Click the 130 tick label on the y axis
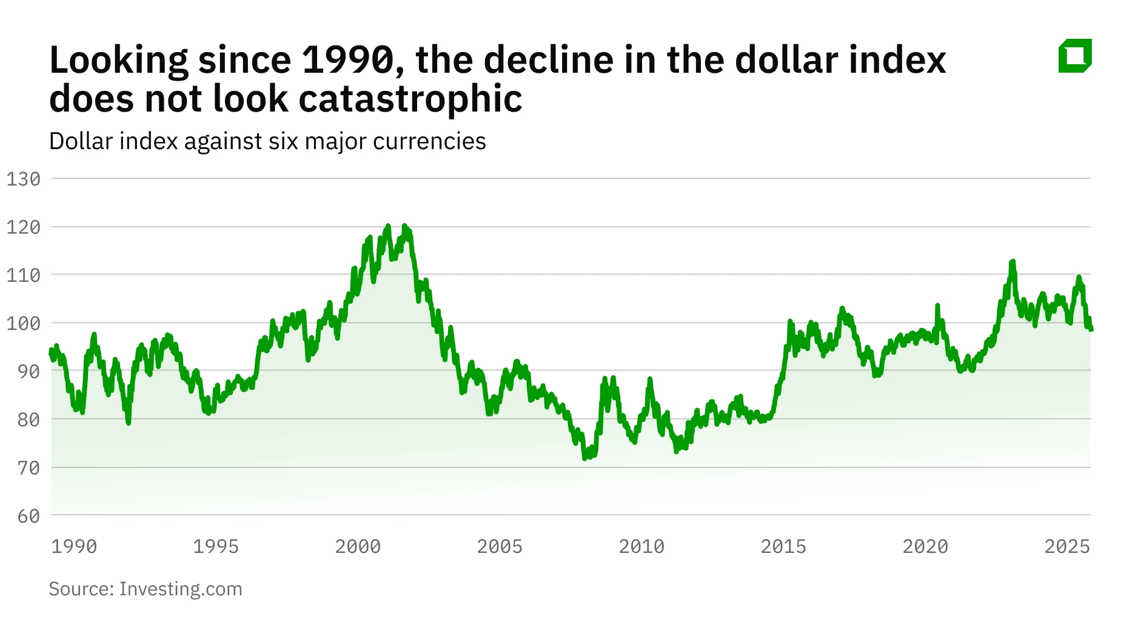click(24, 179)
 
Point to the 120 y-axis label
click(24, 227)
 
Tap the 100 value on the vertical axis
click(24, 323)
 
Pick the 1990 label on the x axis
click(74, 546)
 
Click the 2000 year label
click(358, 546)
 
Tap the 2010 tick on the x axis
click(641, 546)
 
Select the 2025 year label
click(1067, 546)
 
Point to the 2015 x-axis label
click(783, 546)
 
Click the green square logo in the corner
click(1075, 56)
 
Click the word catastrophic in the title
click(410, 99)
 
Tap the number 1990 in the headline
click(349, 60)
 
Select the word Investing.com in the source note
click(181, 589)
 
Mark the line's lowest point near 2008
click(585, 458)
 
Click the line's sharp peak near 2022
click(1012, 262)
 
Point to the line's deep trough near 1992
click(129, 423)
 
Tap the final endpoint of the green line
click(1091, 330)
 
